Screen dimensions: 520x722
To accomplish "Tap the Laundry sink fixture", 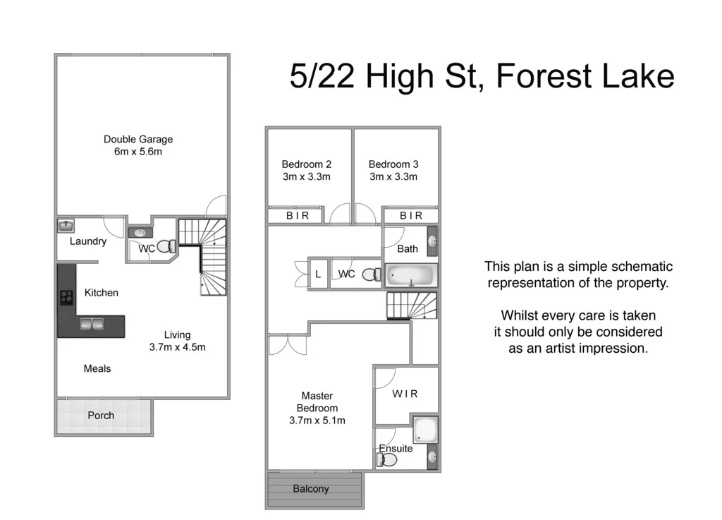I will tap(65, 226).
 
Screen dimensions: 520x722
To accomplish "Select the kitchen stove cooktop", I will tap(66, 297).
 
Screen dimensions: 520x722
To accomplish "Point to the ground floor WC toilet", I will tap(166, 247).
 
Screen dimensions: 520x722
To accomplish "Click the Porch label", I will tap(101, 416).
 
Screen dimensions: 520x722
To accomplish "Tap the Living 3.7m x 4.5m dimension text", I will tap(177, 346).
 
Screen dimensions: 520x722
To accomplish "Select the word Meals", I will tap(97, 368).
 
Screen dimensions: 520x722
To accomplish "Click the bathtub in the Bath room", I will tap(411, 274).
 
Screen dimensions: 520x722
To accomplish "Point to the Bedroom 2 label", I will tap(307, 164).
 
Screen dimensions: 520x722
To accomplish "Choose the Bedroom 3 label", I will tap(393, 164).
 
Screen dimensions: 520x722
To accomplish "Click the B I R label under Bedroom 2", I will tap(298, 216).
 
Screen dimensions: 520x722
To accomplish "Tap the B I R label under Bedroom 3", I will tap(411, 216).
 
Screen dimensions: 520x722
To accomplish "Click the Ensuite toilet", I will tap(386, 460).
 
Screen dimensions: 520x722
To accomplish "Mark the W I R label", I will tap(405, 394).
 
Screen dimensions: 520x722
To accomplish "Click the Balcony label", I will tap(311, 488).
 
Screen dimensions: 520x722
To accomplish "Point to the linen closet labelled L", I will tap(318, 274).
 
